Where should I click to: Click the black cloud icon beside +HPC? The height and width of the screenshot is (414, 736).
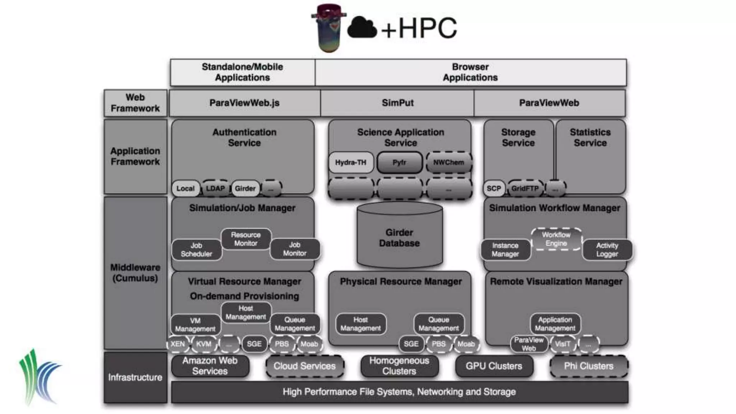(362, 27)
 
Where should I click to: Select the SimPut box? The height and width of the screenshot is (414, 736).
(397, 103)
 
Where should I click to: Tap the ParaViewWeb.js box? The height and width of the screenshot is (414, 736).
(244, 103)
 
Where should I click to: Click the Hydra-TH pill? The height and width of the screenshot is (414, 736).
(351, 162)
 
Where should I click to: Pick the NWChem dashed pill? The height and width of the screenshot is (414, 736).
(448, 162)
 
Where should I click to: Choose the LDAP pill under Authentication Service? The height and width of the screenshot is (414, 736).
(215, 188)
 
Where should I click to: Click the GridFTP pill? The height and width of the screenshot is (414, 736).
(525, 188)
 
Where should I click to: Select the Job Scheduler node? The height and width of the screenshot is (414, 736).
(196, 249)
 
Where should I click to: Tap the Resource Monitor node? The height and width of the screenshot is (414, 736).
(246, 239)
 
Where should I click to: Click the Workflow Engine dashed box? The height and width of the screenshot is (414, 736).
(556, 239)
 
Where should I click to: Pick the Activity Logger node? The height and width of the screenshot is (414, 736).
(607, 249)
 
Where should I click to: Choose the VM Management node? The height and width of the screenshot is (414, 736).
(195, 325)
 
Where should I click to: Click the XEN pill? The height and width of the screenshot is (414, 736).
(178, 344)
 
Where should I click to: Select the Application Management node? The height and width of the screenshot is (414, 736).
(555, 324)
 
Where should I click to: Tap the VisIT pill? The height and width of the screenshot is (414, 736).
(562, 344)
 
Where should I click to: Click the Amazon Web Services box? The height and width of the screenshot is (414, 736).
(210, 366)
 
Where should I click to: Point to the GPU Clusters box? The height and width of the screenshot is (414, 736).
(494, 366)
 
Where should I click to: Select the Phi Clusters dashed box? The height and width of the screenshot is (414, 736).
(589, 366)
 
